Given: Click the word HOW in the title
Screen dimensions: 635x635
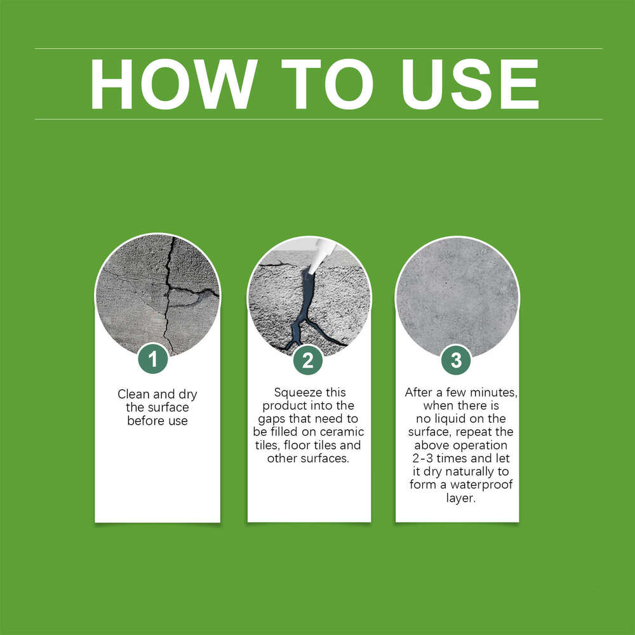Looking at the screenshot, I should [x=172, y=84].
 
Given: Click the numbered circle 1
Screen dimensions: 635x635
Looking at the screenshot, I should [x=152, y=360].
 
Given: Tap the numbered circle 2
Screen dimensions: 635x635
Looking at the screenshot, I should [x=308, y=360].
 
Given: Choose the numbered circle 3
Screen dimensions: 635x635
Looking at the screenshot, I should [x=456, y=360].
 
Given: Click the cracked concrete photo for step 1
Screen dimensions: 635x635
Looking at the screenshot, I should [x=157, y=292].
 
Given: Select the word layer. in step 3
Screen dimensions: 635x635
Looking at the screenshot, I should [x=457, y=499].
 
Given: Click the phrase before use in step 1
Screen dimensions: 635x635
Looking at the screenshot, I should [x=157, y=421].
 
